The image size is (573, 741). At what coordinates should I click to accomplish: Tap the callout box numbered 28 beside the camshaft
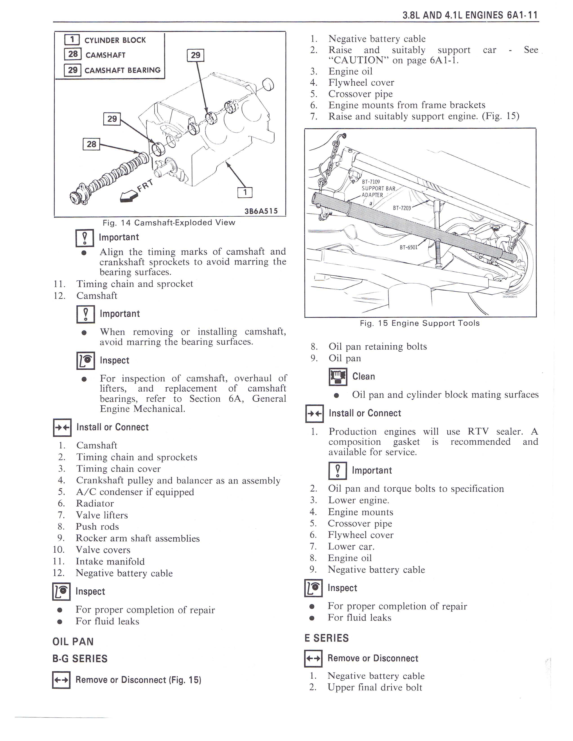point(91,144)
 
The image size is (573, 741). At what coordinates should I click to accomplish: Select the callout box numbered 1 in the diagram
point(245,192)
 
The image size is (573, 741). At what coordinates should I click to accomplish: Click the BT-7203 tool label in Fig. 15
point(402,208)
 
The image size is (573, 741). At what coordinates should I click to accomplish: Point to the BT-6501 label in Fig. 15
point(408,247)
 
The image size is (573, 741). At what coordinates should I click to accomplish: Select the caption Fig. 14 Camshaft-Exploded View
point(169,223)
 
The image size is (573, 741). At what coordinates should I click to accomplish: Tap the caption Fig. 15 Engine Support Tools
point(420,323)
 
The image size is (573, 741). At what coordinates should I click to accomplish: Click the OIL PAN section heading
point(73,642)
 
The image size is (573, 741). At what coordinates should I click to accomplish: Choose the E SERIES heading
point(326,638)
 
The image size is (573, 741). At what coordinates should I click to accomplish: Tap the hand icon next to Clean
point(338,377)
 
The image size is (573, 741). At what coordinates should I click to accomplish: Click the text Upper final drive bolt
point(375,687)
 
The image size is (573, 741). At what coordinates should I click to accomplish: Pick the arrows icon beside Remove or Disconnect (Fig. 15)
point(61,680)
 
